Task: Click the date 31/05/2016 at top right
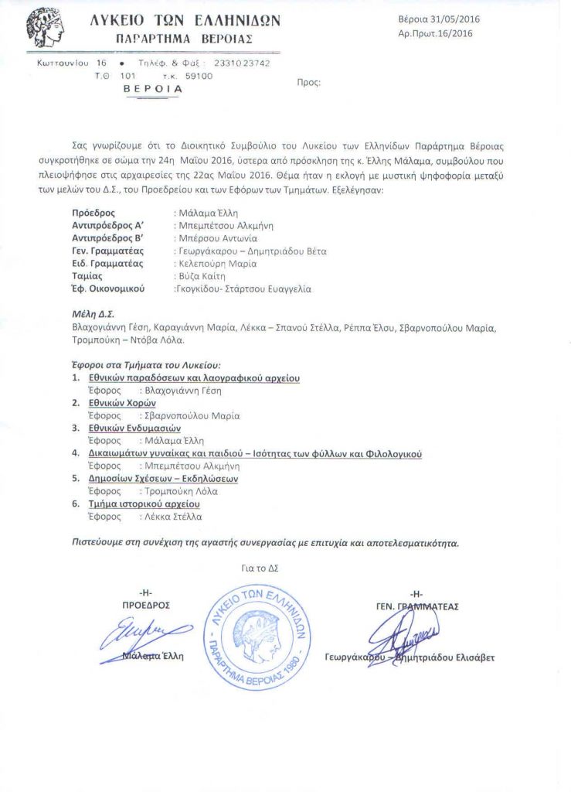coord(456,20)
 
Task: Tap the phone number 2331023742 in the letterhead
coord(241,63)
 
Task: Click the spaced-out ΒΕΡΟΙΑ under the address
coord(153,89)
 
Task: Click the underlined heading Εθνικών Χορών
coord(121,403)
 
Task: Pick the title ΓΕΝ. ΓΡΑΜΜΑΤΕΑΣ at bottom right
coord(416,606)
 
